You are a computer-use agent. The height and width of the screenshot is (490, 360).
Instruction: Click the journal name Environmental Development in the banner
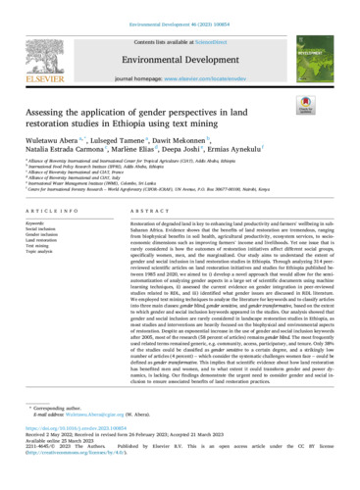[x=180, y=49]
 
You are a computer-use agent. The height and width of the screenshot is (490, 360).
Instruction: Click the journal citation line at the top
[x=180, y=8]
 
